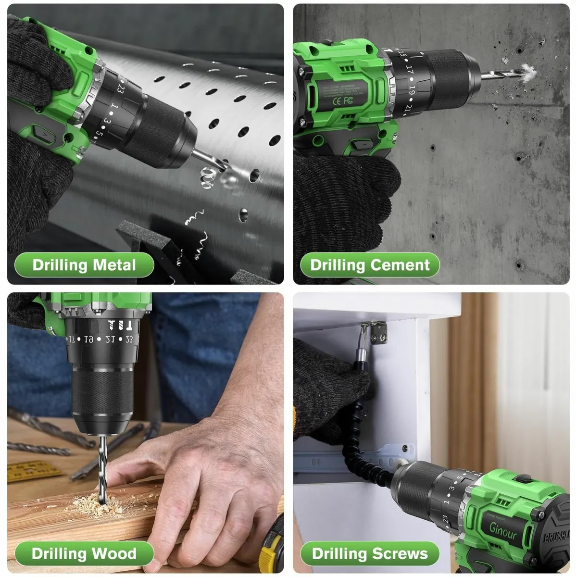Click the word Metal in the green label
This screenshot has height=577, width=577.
[x=114, y=265]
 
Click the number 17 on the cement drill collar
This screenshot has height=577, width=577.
[x=409, y=69]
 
